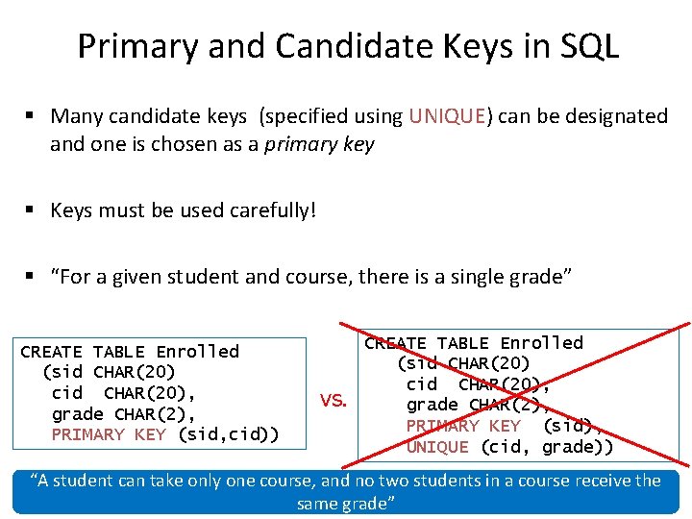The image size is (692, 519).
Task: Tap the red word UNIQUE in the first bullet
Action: (447, 116)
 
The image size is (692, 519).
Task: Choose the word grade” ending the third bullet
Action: (539, 278)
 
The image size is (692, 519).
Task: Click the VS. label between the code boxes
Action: (334, 401)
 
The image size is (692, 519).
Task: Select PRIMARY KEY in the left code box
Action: (109, 434)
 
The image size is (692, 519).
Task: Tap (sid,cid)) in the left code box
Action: (229, 434)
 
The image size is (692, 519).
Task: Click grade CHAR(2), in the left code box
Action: (123, 414)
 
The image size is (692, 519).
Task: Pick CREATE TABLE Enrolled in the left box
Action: (129, 352)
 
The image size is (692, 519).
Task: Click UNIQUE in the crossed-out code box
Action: (437, 446)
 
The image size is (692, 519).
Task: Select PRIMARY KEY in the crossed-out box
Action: (463, 426)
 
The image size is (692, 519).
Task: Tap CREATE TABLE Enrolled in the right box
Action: (473, 343)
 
